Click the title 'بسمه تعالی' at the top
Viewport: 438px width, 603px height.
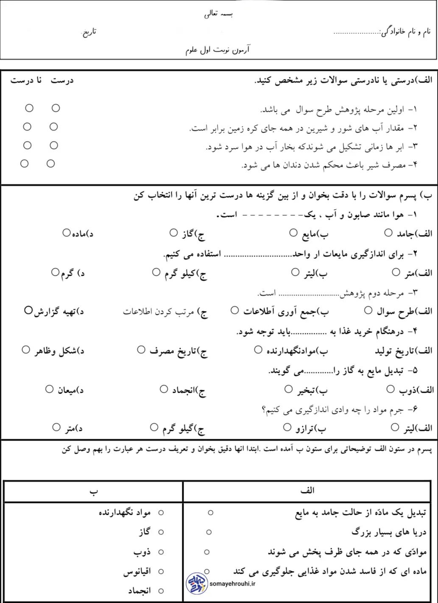coord(218,14)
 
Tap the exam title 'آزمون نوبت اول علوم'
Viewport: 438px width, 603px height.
coord(218,50)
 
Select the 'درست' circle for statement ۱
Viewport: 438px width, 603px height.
coord(56,108)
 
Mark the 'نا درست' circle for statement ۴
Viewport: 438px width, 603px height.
coord(25,164)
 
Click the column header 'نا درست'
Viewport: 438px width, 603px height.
coord(26,81)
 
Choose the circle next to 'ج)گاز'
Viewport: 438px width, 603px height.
coord(173,232)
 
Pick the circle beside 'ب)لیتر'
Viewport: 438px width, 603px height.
coord(296,272)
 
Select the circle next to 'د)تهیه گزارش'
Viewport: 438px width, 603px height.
coord(28,310)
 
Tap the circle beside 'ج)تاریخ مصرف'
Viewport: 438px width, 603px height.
coord(141,350)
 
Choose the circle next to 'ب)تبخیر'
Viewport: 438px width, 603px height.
coord(289,389)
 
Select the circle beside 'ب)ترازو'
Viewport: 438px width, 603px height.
coord(287,427)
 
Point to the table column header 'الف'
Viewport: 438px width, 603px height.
coord(307,491)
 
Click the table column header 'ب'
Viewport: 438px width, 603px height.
coord(94,491)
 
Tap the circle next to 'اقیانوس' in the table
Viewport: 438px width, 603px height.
coord(161,572)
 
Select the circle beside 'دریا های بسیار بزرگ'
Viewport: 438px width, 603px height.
coord(209,532)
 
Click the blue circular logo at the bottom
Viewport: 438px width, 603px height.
coord(197,584)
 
